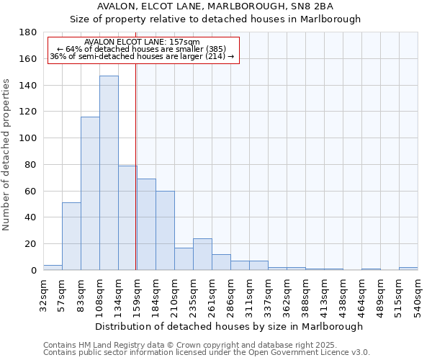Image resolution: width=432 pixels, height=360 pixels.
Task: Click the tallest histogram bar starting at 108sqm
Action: (109, 173)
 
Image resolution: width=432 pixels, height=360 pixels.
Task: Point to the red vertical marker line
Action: (135, 180)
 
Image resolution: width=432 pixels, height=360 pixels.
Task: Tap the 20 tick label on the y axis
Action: (30, 244)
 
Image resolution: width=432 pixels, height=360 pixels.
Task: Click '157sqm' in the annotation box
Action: (186, 42)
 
